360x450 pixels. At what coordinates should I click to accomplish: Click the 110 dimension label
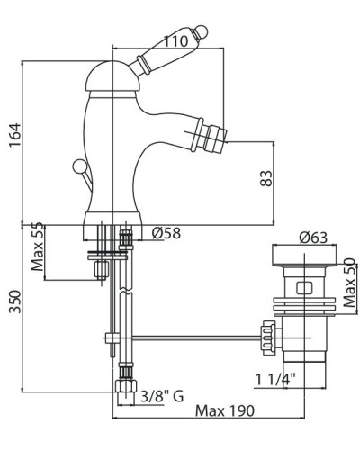[176, 41]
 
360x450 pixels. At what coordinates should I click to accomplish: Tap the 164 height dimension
[15, 134]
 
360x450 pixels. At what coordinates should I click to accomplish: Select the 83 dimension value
[266, 178]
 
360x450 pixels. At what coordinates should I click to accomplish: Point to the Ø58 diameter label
[166, 233]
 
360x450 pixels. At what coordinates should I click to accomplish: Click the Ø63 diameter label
[313, 238]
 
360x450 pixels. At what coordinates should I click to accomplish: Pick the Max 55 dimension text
[38, 247]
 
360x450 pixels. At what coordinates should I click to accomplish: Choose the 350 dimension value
[15, 301]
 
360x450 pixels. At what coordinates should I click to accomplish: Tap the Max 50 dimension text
[350, 283]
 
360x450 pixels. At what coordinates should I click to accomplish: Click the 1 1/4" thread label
[275, 380]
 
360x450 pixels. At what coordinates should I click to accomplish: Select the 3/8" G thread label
[162, 397]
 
